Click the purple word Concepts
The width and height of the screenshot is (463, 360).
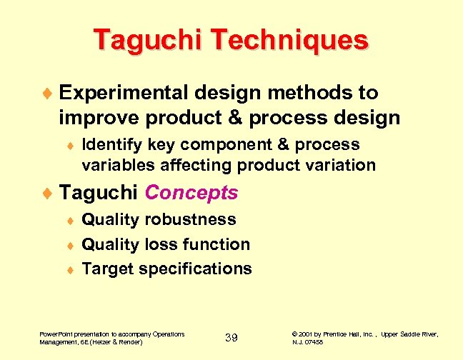(x=191, y=193)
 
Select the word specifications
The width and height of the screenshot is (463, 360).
(x=195, y=269)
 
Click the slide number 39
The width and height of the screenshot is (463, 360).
(x=231, y=337)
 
